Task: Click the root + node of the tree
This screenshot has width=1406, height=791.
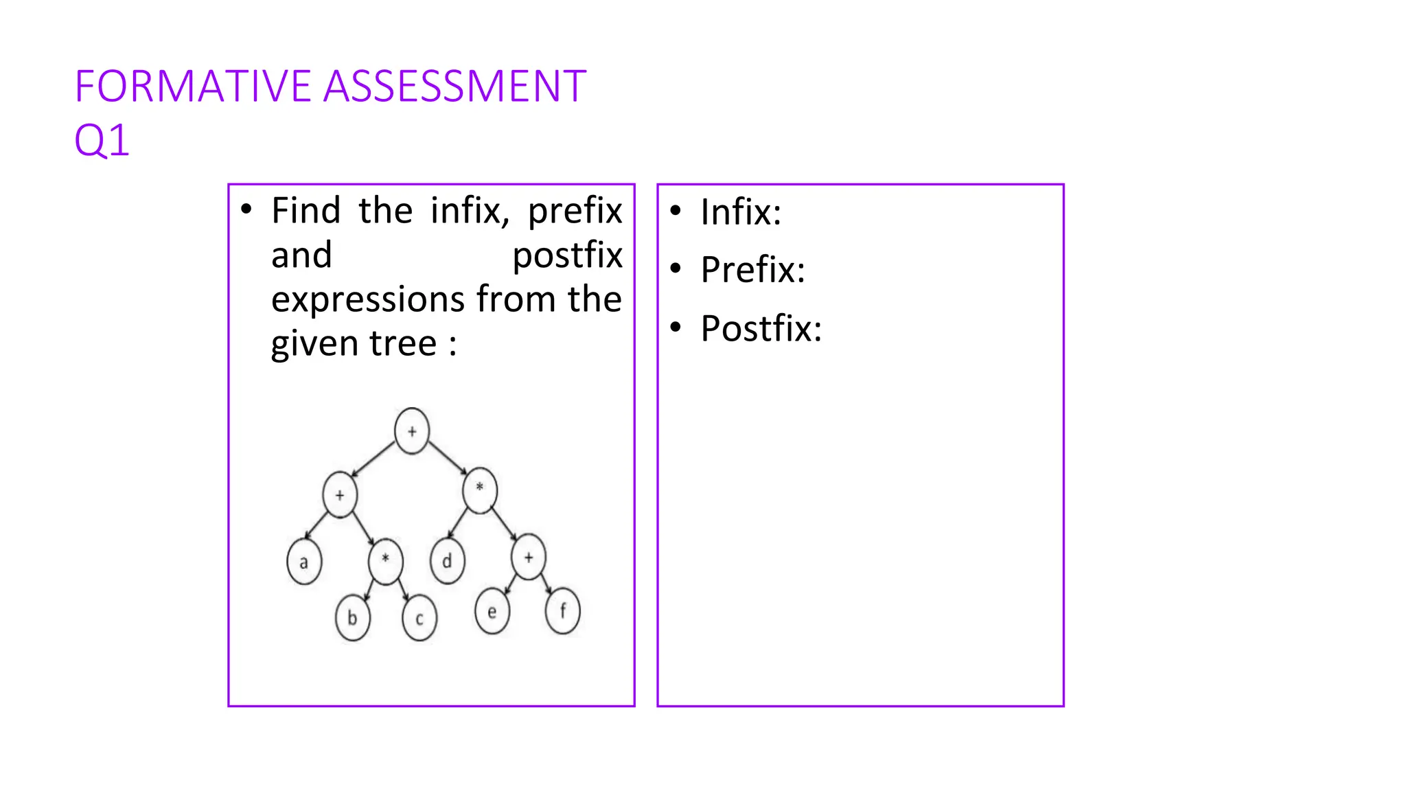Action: pyautogui.click(x=412, y=431)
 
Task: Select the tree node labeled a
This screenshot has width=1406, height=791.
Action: pyautogui.click(x=304, y=562)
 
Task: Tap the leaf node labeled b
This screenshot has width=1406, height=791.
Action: pyautogui.click(x=352, y=618)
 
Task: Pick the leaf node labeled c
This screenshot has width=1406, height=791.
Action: pyautogui.click(x=419, y=619)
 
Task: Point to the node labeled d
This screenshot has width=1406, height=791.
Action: pyautogui.click(x=448, y=561)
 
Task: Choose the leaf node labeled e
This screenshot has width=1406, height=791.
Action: pyautogui.click(x=492, y=611)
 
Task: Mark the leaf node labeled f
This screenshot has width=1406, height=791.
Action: pyautogui.click(x=563, y=610)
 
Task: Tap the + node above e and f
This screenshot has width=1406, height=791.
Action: pyautogui.click(x=529, y=558)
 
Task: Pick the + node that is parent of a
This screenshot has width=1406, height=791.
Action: pyautogui.click(x=340, y=494)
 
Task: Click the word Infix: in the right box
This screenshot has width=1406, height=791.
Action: pyautogui.click(x=741, y=212)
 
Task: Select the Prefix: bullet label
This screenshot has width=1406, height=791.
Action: pyautogui.click(x=752, y=270)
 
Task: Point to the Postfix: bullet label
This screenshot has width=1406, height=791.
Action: pyautogui.click(x=761, y=329)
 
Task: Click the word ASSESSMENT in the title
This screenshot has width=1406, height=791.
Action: pyautogui.click(x=454, y=87)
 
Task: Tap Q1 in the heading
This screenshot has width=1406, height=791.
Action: pyautogui.click(x=102, y=141)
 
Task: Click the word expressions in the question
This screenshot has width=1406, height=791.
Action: pyautogui.click(x=369, y=299)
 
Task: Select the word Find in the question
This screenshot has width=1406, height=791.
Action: pyautogui.click(x=306, y=210)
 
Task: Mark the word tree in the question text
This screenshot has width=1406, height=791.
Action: pyautogui.click(x=403, y=343)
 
